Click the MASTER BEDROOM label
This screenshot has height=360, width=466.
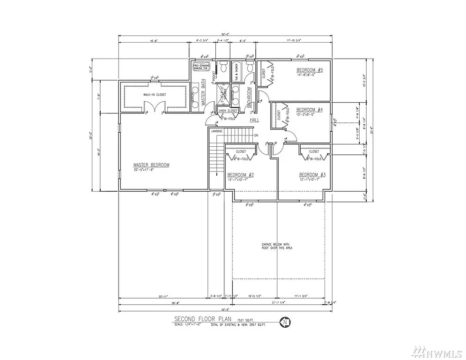pos(151,165)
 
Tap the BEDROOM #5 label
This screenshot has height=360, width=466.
pos(310,70)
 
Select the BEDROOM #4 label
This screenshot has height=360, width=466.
pos(310,110)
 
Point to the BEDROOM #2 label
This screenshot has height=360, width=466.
pos(240,174)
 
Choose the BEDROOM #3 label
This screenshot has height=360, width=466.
pos(312,174)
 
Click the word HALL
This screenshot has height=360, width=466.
pos(254,120)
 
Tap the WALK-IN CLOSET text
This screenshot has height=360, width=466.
pos(155,95)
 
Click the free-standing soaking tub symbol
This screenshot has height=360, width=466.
pos(201,67)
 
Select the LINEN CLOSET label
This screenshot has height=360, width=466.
pos(228,111)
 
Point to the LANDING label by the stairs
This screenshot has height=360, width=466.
pos(217,131)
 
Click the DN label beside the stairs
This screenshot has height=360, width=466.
pos(256,136)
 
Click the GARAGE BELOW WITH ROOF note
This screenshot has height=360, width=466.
pos(278,247)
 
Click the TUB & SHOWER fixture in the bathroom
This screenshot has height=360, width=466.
pos(237,72)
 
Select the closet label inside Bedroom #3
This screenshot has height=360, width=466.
pos(313,151)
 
